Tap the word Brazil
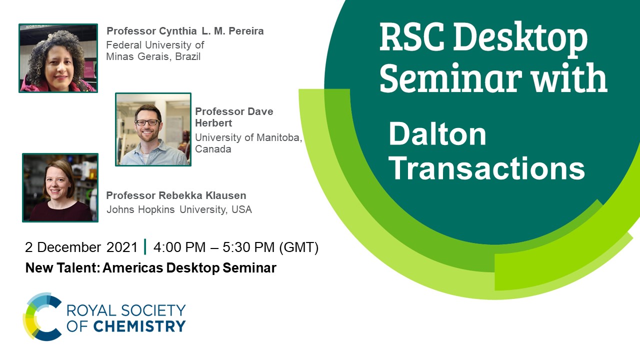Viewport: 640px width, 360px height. (x=187, y=56)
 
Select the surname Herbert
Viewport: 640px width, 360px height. (x=213, y=123)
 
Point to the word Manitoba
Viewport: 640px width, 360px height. (x=279, y=137)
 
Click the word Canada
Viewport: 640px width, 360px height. (x=213, y=149)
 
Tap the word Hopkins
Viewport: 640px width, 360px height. (x=156, y=209)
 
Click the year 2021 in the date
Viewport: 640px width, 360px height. (x=122, y=247)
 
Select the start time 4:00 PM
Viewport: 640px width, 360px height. (x=179, y=247)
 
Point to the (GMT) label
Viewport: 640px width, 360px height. (x=298, y=247)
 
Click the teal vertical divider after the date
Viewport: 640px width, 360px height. (x=145, y=246)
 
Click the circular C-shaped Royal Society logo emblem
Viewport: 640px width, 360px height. (x=42, y=316)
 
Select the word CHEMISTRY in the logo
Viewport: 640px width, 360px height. (x=139, y=326)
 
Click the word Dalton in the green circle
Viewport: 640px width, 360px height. (x=437, y=134)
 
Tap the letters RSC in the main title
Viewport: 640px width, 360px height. (x=412, y=37)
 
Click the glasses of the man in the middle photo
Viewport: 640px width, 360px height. (x=147, y=122)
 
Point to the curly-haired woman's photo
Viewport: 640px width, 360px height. (x=58, y=58)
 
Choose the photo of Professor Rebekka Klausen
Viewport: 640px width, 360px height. (x=60, y=187)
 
